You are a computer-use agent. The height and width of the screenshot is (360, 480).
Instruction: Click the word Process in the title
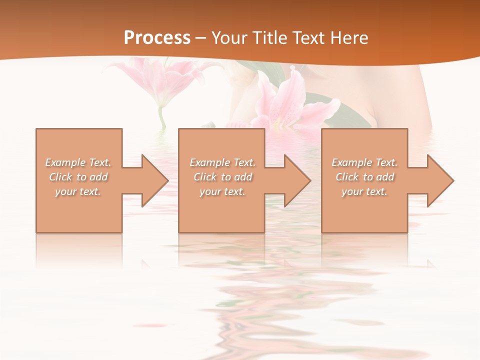tap(157, 38)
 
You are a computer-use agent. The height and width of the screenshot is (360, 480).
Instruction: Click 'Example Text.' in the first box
tap(78, 162)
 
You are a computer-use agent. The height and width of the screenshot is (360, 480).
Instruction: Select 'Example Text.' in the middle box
tap(222, 162)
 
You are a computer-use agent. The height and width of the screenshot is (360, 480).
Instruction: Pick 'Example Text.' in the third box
tap(364, 162)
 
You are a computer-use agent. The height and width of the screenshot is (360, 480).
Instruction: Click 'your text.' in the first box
tap(78, 191)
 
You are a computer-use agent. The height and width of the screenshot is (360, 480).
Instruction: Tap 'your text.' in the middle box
tap(222, 191)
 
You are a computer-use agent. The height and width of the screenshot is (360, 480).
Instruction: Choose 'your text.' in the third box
tap(364, 191)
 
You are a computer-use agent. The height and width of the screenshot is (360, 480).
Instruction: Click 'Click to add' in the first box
tap(78, 177)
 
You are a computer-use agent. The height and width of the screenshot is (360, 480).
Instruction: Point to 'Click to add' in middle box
tap(222, 177)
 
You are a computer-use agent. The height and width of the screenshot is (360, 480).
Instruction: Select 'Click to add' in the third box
tap(364, 177)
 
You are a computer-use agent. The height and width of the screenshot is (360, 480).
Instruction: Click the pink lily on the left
tap(162, 80)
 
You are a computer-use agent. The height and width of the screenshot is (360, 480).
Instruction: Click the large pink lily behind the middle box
tap(290, 102)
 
